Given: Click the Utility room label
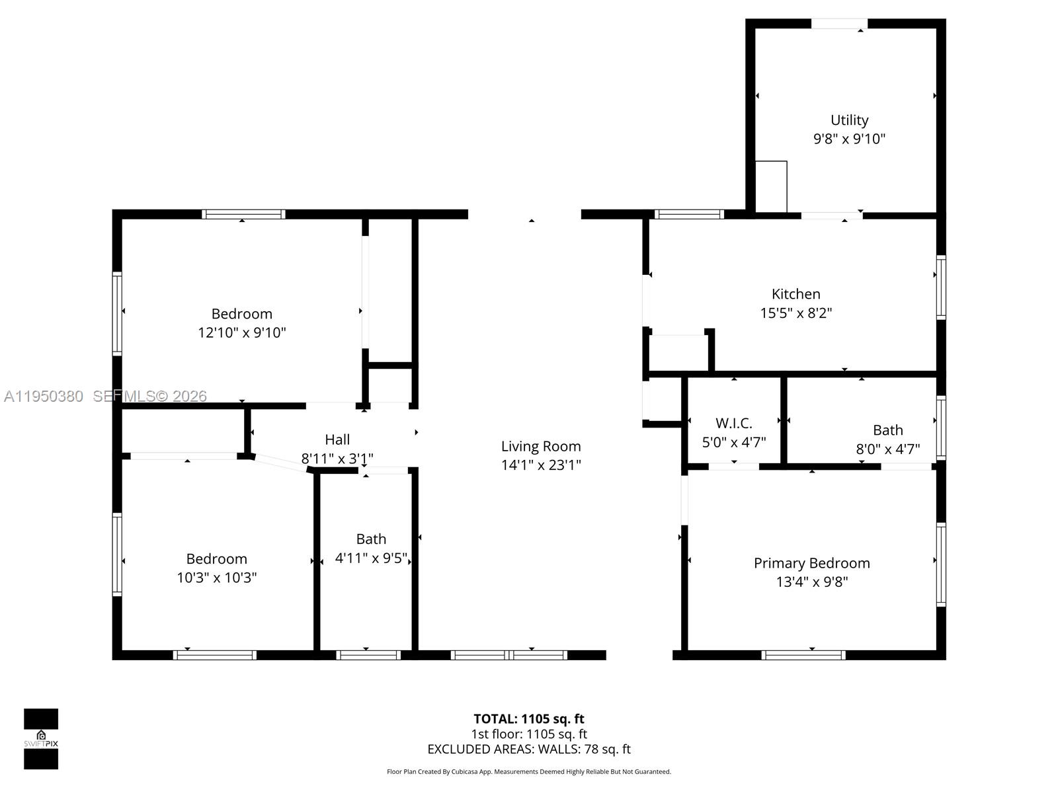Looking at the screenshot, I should coord(849,120).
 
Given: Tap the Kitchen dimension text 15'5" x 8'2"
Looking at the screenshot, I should coord(795,313).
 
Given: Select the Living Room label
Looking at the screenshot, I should coord(541,447).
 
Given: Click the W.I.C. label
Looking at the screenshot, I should coord(733,423).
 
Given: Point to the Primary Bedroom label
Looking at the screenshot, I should coord(811,563).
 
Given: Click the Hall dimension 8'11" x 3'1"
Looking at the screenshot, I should coord(337,459).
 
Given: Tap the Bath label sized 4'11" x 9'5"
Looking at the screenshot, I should coord(371,539).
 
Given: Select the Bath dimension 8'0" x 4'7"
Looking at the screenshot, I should coord(887,449).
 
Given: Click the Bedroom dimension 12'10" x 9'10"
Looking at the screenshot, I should coord(242,332).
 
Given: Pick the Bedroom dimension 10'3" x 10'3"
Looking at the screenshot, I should coord(216,578).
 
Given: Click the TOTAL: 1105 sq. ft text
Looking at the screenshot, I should coord(528,719).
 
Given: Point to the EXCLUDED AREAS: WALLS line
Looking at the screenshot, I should coord(528,749).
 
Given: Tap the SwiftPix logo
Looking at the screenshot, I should coord(41,739).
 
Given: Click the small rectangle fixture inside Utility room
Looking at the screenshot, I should coord(771,186).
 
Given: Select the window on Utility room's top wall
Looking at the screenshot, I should coord(839,24).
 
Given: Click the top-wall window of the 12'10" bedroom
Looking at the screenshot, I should coord(243,214).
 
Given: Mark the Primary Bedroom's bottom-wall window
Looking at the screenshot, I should coord(803,655).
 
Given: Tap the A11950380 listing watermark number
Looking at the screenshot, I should coord(44,397).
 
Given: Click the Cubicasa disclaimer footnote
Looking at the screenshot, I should coord(528,772).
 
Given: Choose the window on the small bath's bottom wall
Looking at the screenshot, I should coord(368,655).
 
